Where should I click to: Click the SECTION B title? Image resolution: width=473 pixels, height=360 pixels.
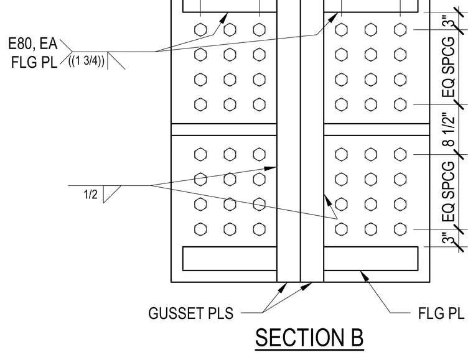pyautogui.click(x=309, y=338)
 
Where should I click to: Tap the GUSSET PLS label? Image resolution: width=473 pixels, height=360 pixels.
pyautogui.click(x=191, y=313)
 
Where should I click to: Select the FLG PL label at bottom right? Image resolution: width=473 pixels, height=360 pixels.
pyautogui.click(x=441, y=313)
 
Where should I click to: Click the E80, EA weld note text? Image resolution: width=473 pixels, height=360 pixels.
pyautogui.click(x=32, y=44)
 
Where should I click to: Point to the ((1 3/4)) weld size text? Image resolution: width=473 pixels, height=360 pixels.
pyautogui.click(x=87, y=61)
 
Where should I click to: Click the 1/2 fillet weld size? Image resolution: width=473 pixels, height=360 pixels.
pyautogui.click(x=90, y=195)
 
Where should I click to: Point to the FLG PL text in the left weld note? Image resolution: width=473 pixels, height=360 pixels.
pyautogui.click(x=34, y=63)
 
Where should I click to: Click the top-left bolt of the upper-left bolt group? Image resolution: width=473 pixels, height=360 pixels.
pyautogui.click(x=200, y=30)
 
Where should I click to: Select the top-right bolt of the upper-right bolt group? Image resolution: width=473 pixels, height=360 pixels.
pyautogui.click(x=400, y=30)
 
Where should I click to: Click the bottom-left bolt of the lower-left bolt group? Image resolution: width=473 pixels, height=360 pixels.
pyautogui.click(x=200, y=229)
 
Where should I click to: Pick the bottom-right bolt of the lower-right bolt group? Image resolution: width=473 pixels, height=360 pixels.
pyautogui.click(x=400, y=229)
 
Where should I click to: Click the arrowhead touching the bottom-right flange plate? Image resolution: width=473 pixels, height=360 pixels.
pyautogui.click(x=365, y=275)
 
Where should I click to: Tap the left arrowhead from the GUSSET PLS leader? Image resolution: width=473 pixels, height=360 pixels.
pyautogui.click(x=283, y=287)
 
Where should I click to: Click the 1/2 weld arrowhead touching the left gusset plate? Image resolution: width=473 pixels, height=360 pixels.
pyautogui.click(x=270, y=168)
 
